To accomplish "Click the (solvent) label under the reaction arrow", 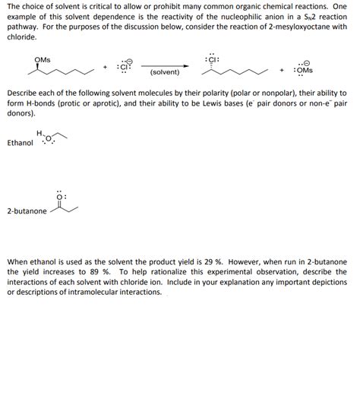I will [x=165, y=73].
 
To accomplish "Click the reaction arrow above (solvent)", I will [x=165, y=65].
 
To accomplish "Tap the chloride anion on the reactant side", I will [x=125, y=66].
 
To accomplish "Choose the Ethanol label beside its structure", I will [x=20, y=143].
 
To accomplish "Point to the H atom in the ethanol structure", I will [x=39, y=133].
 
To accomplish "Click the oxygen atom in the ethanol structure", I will [x=48, y=139].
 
